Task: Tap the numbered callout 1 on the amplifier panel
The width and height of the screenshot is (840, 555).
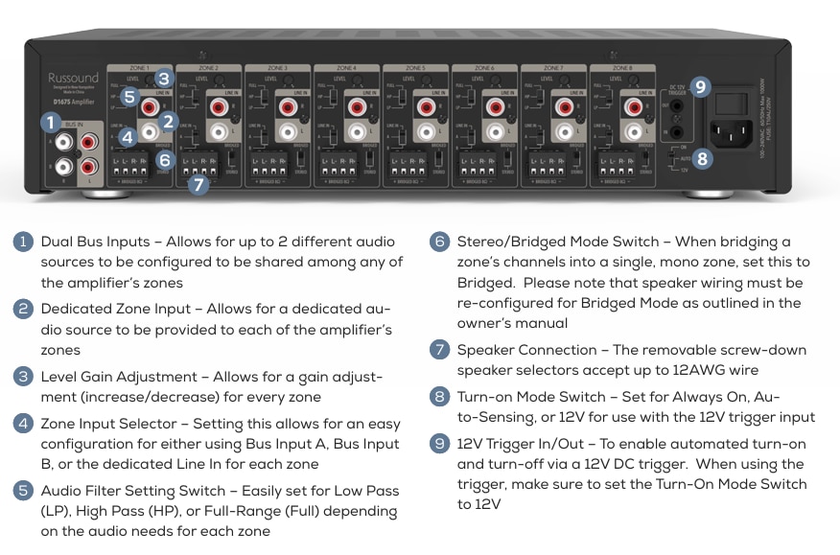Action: (49, 122)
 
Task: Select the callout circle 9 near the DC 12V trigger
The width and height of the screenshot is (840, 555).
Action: (700, 87)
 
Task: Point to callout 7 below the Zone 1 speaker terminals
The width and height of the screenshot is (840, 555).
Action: (198, 185)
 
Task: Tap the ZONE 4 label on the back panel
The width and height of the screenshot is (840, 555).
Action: (347, 68)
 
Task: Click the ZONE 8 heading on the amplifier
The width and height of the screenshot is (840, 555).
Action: (622, 68)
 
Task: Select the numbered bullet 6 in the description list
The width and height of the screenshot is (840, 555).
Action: (440, 242)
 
